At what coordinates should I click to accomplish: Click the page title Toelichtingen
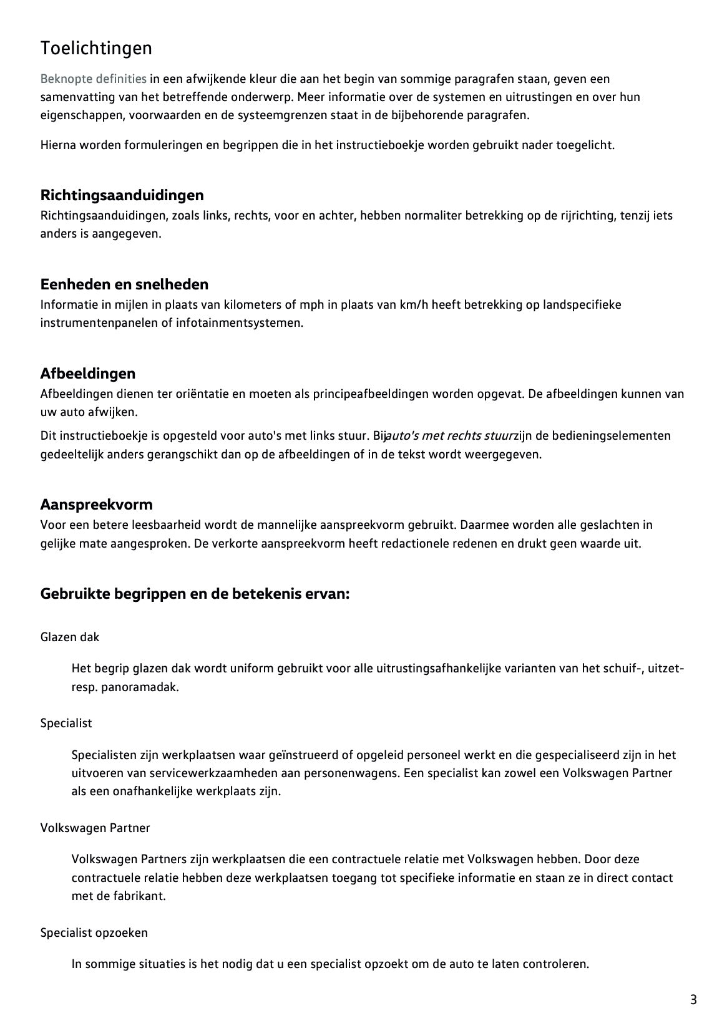point(96,48)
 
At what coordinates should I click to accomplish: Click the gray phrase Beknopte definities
point(94,79)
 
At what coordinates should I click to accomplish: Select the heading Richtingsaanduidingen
point(122,195)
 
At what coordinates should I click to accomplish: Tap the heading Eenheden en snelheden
point(124,284)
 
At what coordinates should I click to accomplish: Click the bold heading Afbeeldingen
point(87,374)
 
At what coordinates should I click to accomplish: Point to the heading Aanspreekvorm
point(96,504)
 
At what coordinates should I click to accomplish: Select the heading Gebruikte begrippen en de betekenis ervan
point(195,594)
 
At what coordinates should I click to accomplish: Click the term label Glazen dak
point(70,637)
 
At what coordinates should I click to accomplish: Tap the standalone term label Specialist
point(66,723)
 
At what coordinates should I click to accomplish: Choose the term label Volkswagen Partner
point(95,828)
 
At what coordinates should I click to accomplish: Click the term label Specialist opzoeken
point(94,932)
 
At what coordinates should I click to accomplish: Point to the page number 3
point(693,1000)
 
